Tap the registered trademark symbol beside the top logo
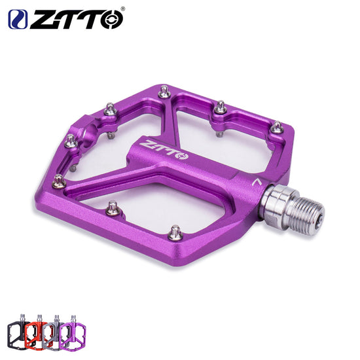(122, 9)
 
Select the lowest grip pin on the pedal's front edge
(175, 231)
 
